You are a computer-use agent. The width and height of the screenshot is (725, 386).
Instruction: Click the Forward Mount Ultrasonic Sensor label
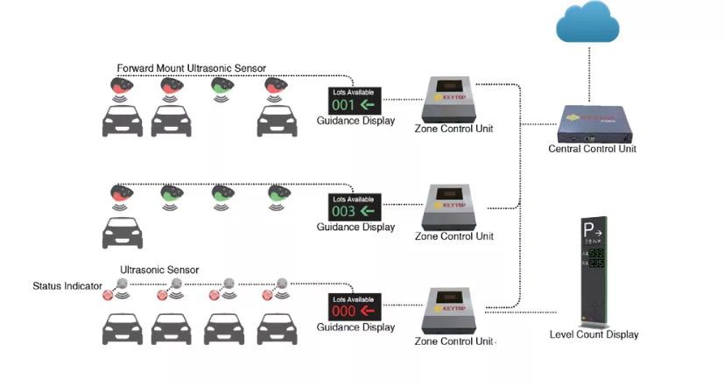[x=192, y=68]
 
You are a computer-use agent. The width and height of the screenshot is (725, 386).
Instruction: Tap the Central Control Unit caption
[x=592, y=149]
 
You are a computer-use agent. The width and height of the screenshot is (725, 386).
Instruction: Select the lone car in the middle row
[x=122, y=231]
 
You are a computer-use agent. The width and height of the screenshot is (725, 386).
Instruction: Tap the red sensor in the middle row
[x=121, y=193]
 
